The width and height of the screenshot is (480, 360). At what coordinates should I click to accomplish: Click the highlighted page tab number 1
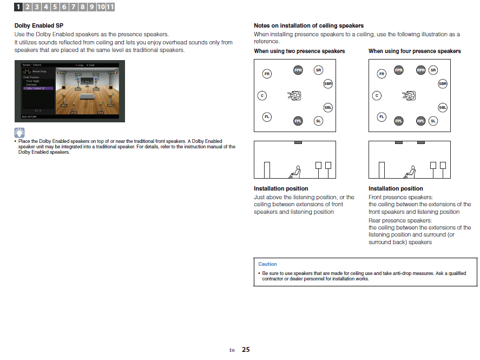18,7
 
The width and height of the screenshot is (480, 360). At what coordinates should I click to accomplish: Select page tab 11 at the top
110,7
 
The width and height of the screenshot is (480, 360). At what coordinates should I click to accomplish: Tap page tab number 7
73,7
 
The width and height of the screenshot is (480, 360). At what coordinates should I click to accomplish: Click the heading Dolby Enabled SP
39,25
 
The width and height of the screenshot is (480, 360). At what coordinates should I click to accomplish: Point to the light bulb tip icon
19,132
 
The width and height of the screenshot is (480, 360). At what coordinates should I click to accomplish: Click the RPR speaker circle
420,70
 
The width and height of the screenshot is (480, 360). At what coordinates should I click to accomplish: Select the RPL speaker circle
420,121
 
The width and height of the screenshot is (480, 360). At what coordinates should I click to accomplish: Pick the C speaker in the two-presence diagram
262,96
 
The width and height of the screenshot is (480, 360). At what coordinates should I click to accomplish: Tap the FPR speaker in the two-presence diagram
298,70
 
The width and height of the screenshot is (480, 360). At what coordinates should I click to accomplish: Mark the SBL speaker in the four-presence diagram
443,108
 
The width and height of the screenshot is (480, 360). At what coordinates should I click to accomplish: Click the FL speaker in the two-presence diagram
267,116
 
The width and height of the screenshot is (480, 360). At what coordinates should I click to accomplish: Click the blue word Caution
267,264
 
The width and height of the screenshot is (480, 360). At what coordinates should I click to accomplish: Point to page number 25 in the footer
246,350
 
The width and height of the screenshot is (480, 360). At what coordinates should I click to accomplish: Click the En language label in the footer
232,350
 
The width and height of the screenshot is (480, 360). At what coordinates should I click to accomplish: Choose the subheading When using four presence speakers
415,51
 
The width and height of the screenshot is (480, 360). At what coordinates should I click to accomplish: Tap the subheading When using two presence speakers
299,51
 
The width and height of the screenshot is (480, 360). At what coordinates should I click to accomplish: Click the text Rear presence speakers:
400,220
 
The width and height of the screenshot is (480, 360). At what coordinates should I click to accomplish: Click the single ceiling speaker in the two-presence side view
298,142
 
